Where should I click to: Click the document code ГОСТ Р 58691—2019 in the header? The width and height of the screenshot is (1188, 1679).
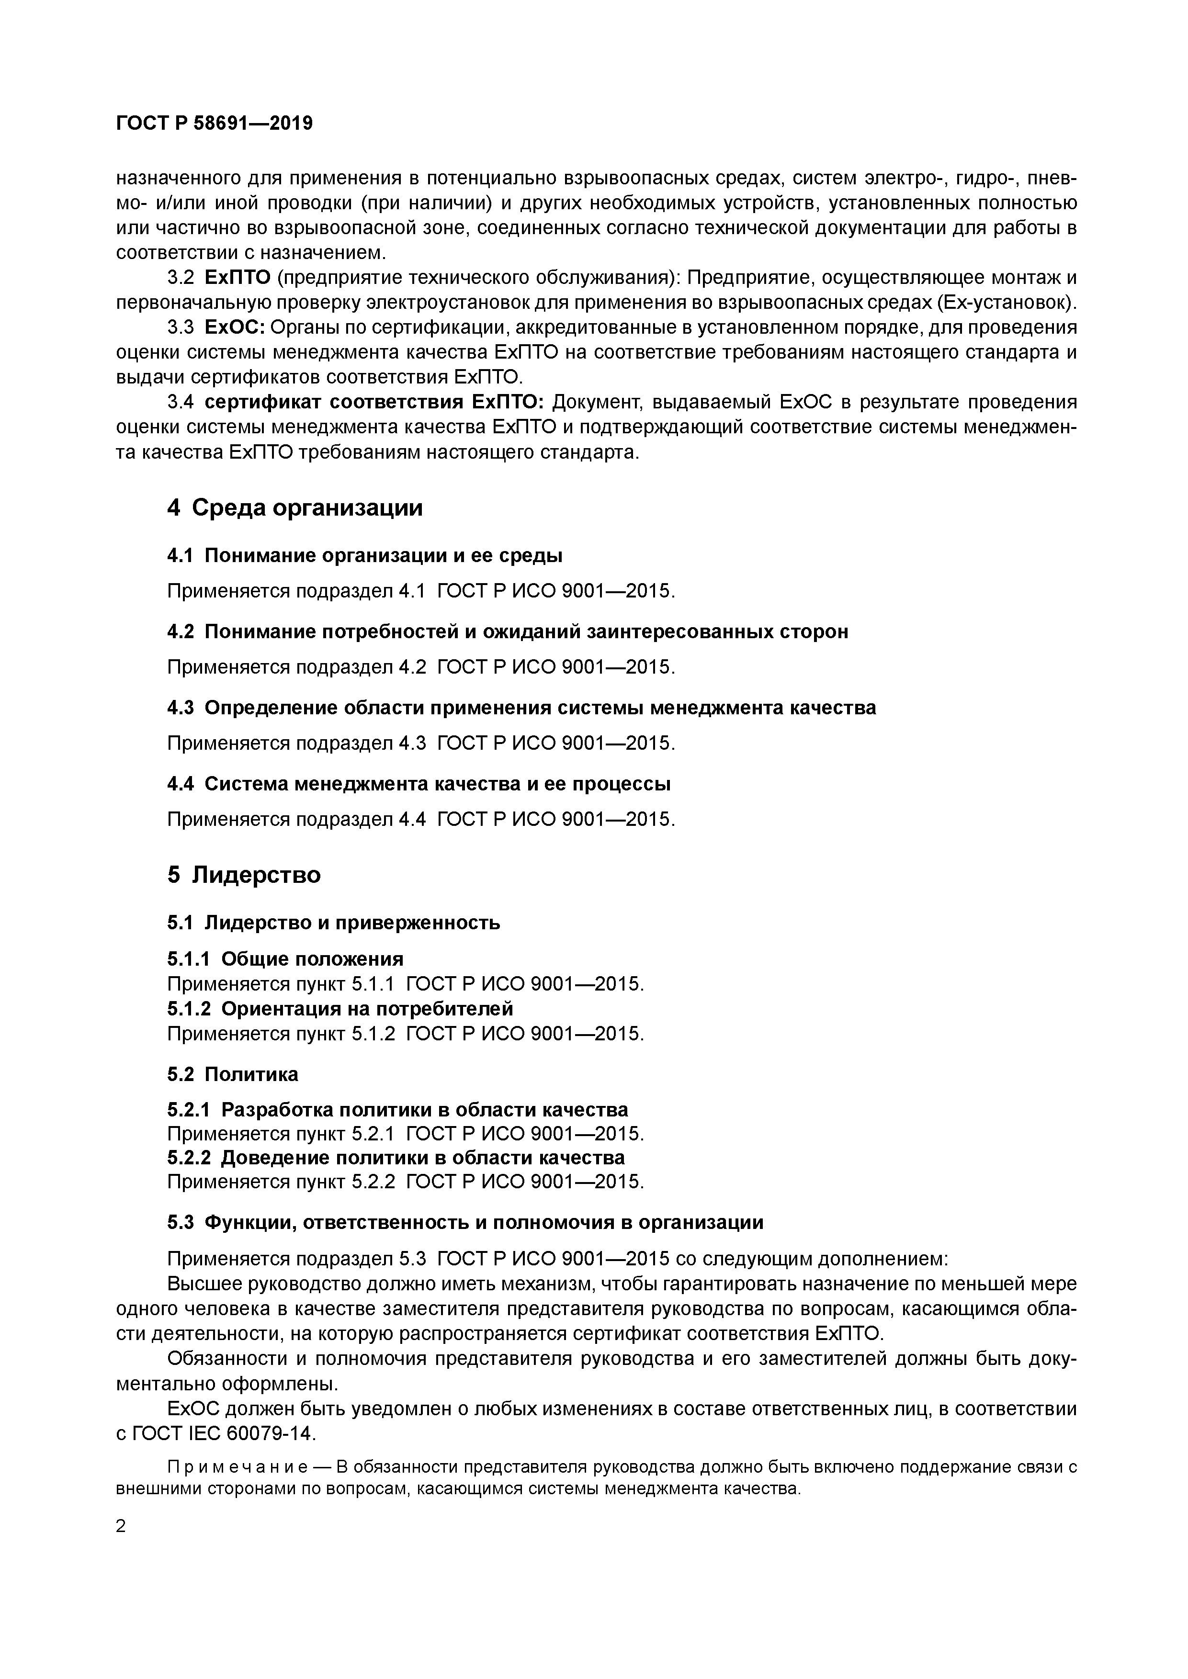pos(215,124)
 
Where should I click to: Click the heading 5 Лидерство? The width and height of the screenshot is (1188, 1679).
pos(244,875)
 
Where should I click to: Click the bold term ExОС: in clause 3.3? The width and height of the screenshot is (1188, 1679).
pos(234,327)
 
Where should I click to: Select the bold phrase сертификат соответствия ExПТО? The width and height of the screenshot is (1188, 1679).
pos(374,402)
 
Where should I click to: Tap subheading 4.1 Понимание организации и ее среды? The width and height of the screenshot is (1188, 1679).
pos(364,556)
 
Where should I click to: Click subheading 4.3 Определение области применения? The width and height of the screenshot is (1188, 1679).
pos(521,708)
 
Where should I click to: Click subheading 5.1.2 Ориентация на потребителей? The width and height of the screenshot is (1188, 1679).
pos(340,1009)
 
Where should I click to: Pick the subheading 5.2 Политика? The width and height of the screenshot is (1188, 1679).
pos(233,1074)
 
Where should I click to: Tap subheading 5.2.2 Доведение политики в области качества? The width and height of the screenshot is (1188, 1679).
pos(396,1158)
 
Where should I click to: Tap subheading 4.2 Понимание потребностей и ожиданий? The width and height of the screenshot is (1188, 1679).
pos(507,632)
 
